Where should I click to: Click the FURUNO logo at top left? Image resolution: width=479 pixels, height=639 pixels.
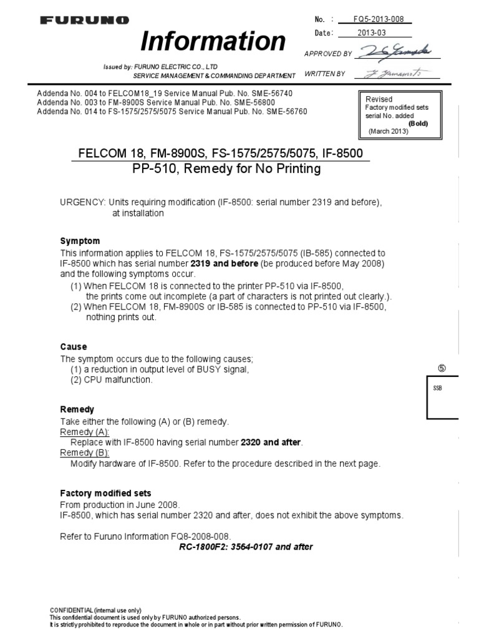85,21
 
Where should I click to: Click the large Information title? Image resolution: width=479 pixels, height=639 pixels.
213,41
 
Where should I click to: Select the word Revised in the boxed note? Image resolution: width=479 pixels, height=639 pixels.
379,99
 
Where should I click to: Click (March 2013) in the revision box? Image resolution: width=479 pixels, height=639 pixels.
389,131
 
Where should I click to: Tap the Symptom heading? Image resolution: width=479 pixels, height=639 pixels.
80,241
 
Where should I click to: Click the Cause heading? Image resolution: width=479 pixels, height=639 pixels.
74,346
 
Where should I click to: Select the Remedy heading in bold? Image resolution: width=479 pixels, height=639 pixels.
77,409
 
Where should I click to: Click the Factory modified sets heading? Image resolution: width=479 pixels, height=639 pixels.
105,493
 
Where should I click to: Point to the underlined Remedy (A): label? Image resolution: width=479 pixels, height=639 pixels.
84,432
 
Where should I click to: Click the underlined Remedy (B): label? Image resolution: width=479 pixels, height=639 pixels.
84,452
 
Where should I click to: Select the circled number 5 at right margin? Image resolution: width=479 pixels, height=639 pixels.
441,368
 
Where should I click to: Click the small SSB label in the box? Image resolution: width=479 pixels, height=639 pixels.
437,388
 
